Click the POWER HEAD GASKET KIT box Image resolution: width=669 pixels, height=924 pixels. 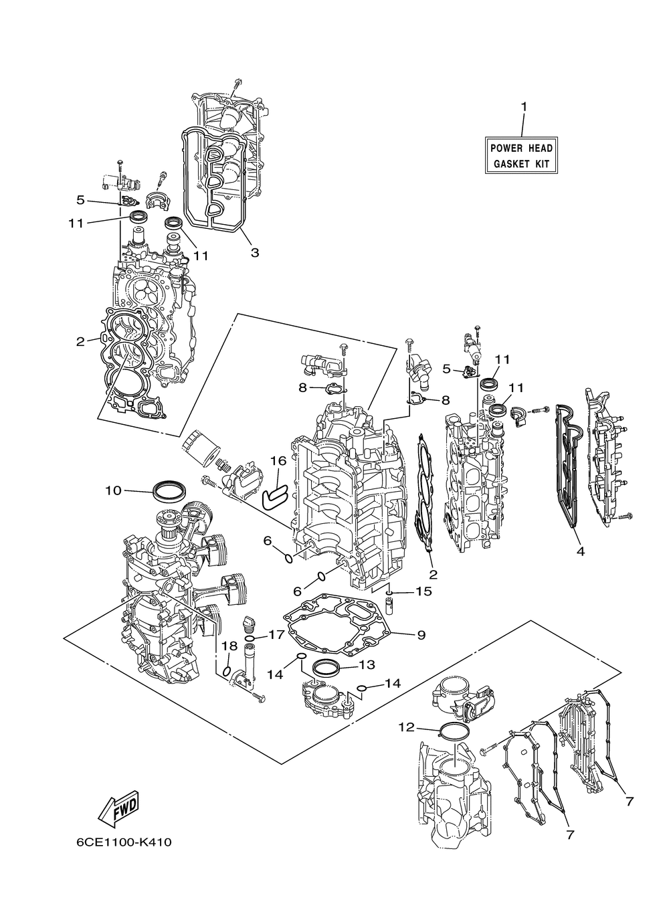click(521, 155)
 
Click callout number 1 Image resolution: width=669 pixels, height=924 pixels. click(523, 107)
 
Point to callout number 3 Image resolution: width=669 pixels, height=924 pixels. click(255, 252)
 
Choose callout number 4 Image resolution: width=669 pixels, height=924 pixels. click(581, 551)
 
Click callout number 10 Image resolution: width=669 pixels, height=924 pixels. click(113, 490)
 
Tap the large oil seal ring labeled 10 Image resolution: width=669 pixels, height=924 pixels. click(169, 490)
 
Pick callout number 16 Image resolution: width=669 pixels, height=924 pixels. click(278, 461)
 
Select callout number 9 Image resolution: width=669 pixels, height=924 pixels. click(421, 646)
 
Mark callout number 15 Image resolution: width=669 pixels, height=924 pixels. click(423, 591)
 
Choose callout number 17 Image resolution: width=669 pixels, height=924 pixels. click(276, 634)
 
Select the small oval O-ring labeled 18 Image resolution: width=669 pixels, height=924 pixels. click(226, 671)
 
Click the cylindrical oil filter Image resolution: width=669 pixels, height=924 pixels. click(199, 448)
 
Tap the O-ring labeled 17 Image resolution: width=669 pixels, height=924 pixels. click(250, 638)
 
